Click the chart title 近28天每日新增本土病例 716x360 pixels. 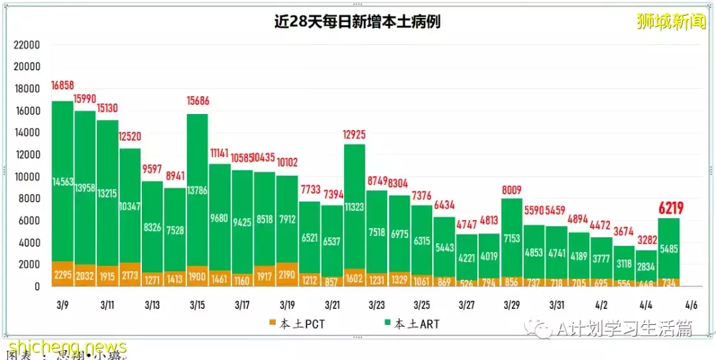point(357,21)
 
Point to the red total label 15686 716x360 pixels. point(197,101)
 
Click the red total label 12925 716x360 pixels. point(355,135)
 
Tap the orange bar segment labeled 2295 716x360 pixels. point(62,274)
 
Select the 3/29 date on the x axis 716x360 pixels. point(511,306)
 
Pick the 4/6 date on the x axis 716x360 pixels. point(691,306)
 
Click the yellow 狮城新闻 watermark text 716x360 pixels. point(671,22)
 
